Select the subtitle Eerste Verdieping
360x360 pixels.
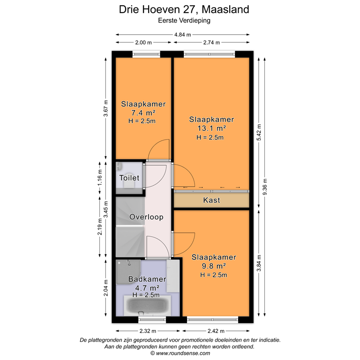click(183, 21)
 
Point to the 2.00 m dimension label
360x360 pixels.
click(143, 43)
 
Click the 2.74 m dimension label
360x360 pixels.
click(212, 43)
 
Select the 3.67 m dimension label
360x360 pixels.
click(106, 108)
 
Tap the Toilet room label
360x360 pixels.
click(129, 178)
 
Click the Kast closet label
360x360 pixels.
click(211, 200)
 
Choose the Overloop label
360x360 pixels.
click(146, 217)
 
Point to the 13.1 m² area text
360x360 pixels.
click(211, 128)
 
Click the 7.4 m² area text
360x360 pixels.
click(143, 113)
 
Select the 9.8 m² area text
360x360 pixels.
click(213, 266)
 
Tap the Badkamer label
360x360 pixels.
click(147, 279)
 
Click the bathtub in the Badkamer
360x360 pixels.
click(146, 307)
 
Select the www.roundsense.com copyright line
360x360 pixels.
click(180, 353)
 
